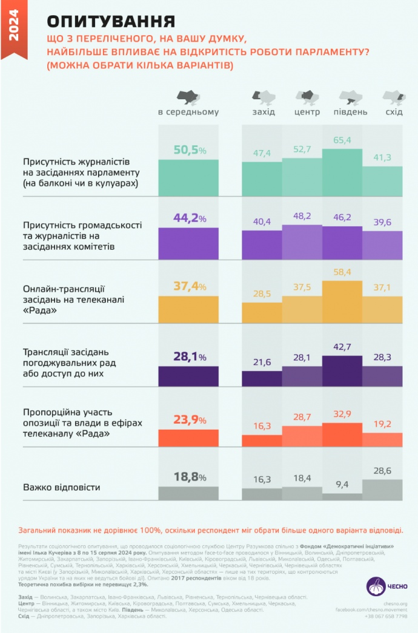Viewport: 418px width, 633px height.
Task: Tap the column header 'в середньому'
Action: [188, 112]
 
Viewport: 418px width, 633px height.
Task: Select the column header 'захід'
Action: [264, 112]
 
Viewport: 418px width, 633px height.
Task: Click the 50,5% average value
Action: [182, 150]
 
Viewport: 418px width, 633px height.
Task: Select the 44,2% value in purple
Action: [182, 218]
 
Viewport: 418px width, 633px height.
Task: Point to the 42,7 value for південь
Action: [342, 347]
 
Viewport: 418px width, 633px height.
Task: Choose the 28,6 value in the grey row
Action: [382, 470]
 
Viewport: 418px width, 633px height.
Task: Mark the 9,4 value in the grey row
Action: [342, 484]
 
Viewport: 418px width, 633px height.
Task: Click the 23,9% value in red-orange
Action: [182, 420]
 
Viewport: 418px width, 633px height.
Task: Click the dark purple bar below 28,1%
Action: [188, 376]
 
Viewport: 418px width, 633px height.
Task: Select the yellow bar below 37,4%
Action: [188, 309]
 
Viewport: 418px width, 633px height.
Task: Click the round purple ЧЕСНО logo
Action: [376, 586]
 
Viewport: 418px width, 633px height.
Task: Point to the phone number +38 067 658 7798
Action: [386, 616]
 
